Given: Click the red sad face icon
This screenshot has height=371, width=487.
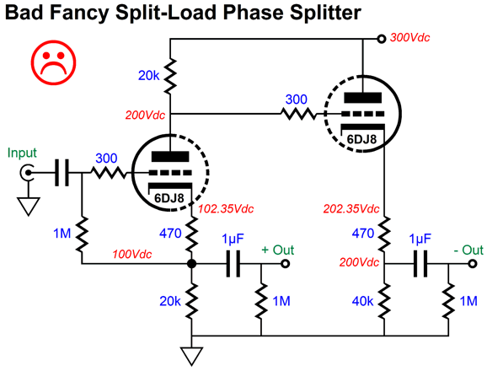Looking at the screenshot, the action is [53, 62].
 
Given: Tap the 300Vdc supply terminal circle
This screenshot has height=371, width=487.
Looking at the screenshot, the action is [381, 39].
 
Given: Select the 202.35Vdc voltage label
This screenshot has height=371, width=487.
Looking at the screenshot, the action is [351, 209].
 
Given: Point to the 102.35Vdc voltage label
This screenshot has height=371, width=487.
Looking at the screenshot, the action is [226, 209].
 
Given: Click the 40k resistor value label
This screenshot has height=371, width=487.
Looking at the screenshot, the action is [362, 301].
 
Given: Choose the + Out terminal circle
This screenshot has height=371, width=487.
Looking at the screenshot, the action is [285, 264].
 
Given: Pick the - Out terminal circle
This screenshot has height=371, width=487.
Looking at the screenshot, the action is [473, 264].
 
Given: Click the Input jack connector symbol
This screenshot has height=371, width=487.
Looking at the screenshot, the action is [26, 173].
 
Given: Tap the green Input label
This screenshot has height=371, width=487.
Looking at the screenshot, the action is [22, 153].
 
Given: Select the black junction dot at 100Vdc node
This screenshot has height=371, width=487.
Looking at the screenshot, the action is [191, 264].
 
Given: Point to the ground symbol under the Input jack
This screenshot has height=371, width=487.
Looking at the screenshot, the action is [29, 206].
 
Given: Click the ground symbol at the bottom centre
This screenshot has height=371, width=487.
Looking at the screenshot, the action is [192, 357].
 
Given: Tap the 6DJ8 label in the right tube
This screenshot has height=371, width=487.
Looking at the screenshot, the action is [361, 139].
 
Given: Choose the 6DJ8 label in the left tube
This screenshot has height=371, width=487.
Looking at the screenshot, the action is [169, 198].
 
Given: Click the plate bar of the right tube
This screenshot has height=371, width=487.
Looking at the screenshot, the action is [363, 98].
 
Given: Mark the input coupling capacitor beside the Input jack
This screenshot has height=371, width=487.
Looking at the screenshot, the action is [62, 173].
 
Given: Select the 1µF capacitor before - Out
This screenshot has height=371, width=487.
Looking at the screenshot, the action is [420, 264].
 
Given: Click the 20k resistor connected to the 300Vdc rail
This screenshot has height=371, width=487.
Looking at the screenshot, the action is [170, 76].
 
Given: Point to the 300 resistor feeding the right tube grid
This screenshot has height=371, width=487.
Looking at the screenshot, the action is [298, 114].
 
